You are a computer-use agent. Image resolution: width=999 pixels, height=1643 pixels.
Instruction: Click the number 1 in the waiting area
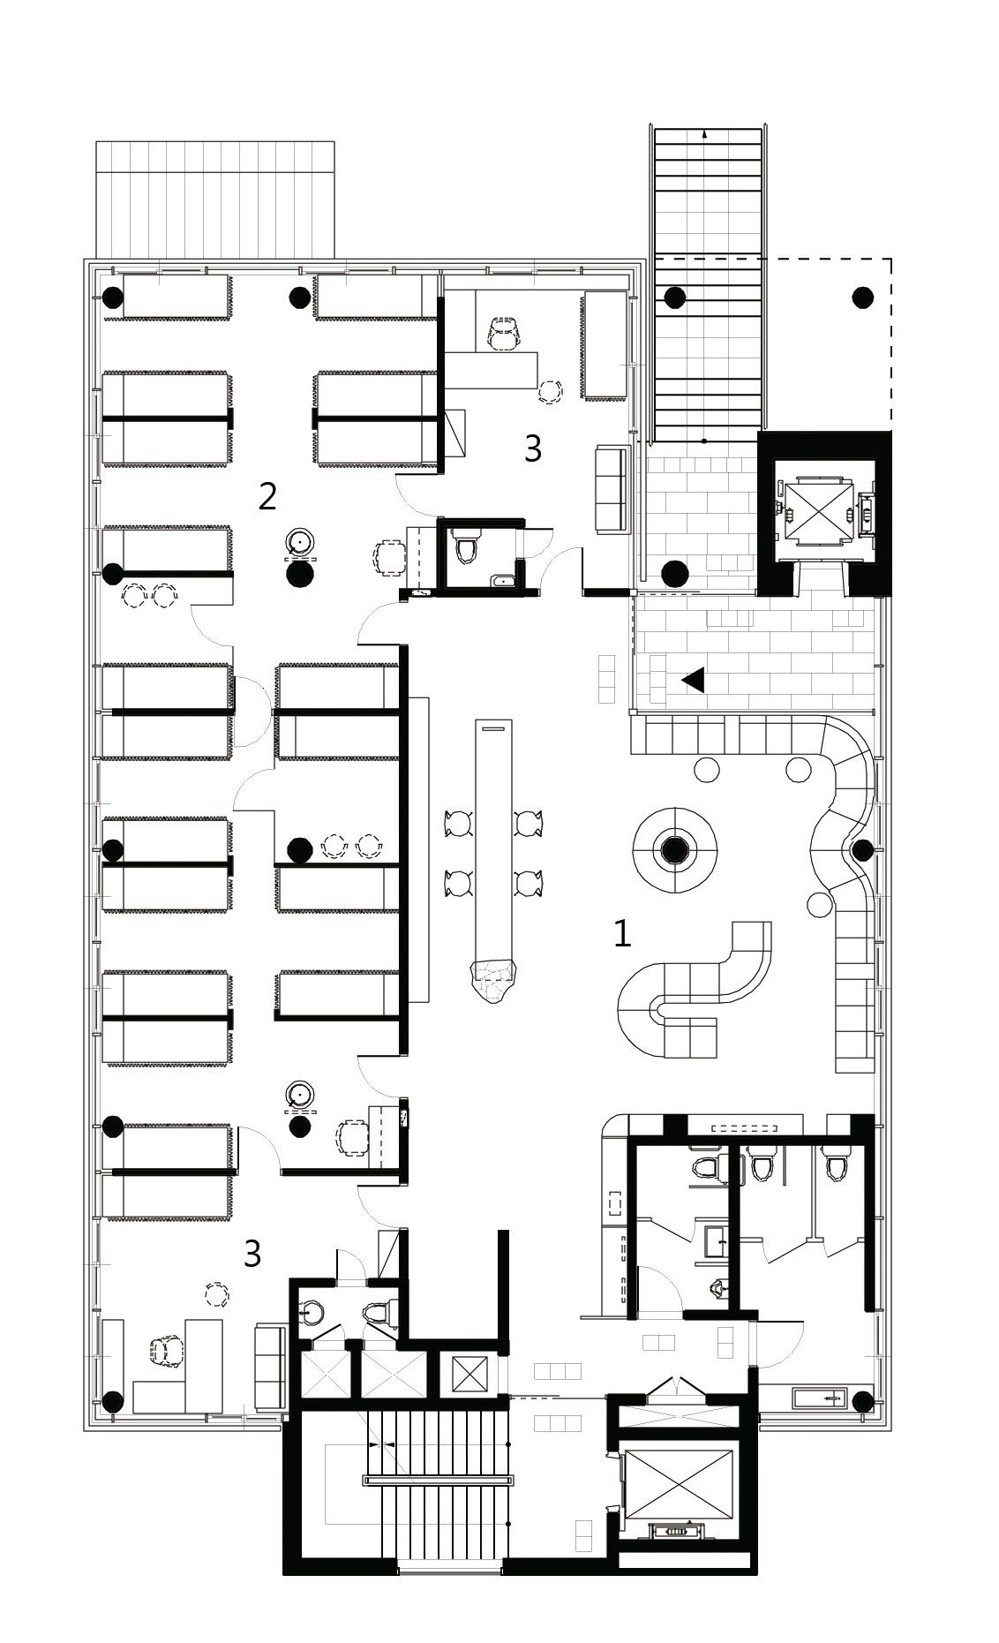(x=622, y=934)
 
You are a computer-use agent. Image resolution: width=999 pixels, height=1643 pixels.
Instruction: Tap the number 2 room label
(x=267, y=496)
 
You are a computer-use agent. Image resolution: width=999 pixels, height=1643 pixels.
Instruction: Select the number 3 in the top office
(x=532, y=448)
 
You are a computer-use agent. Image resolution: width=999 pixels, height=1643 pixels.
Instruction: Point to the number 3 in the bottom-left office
(x=252, y=1254)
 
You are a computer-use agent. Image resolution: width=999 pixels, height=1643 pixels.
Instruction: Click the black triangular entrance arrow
(x=693, y=679)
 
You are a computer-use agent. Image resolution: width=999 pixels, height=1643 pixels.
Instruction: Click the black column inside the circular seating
(x=675, y=849)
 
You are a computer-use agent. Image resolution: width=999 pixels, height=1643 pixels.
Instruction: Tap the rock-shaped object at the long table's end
(x=493, y=979)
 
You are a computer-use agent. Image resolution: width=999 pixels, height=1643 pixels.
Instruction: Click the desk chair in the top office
(x=504, y=335)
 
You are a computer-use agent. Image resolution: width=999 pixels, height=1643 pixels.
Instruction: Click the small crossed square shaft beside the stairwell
(x=469, y=1373)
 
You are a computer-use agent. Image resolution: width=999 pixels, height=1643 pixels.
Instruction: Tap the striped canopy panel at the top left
(x=215, y=200)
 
